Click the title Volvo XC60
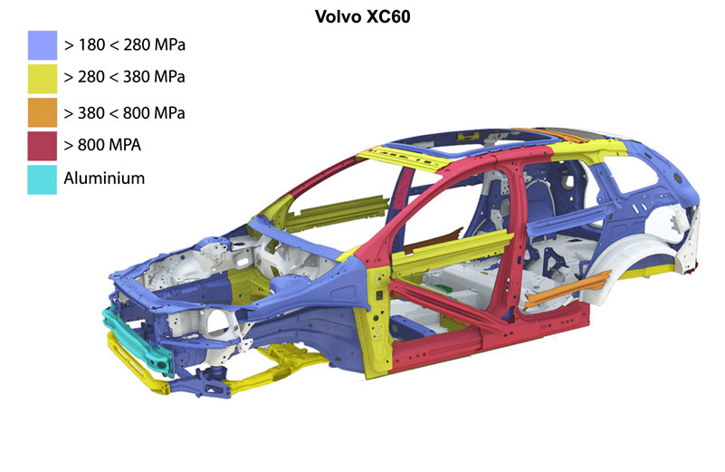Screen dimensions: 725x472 362,16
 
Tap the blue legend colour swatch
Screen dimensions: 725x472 42,45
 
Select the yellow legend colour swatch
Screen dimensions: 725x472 42,79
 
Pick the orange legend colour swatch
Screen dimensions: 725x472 42,112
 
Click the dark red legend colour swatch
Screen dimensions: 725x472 42,146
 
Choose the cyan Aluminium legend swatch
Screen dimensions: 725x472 42,179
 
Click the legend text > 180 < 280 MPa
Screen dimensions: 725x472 125,45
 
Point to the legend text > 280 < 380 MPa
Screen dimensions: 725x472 124,77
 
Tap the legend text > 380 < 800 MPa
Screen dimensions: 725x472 124,113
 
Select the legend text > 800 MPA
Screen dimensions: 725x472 102,145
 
